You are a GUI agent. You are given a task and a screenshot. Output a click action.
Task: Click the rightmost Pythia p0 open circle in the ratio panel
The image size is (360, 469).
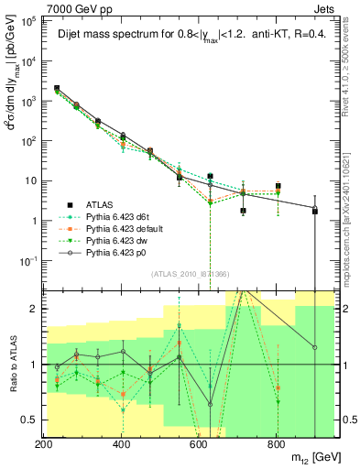click(315, 347)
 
